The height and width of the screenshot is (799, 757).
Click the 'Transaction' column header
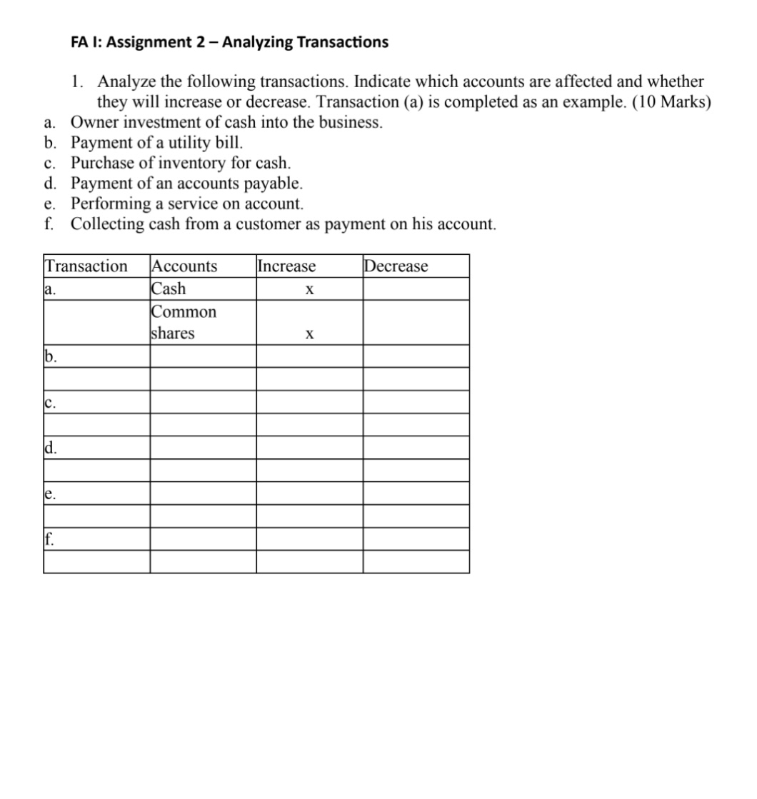pos(86,266)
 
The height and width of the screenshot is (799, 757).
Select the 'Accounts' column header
pos(184,266)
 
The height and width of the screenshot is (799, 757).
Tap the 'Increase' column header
pos(286,266)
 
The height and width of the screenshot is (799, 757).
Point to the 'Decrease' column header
pos(396,266)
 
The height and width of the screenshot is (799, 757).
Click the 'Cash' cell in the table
pos(169,288)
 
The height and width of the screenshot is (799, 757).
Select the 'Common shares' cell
pos(184,323)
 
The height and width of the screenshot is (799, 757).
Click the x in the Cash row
pos(309,291)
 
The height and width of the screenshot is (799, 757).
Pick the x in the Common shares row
pos(309,335)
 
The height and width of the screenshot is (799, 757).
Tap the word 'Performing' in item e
pos(108,203)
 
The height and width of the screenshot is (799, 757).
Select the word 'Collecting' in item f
pos(107,224)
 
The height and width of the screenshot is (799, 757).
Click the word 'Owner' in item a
pos(93,122)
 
